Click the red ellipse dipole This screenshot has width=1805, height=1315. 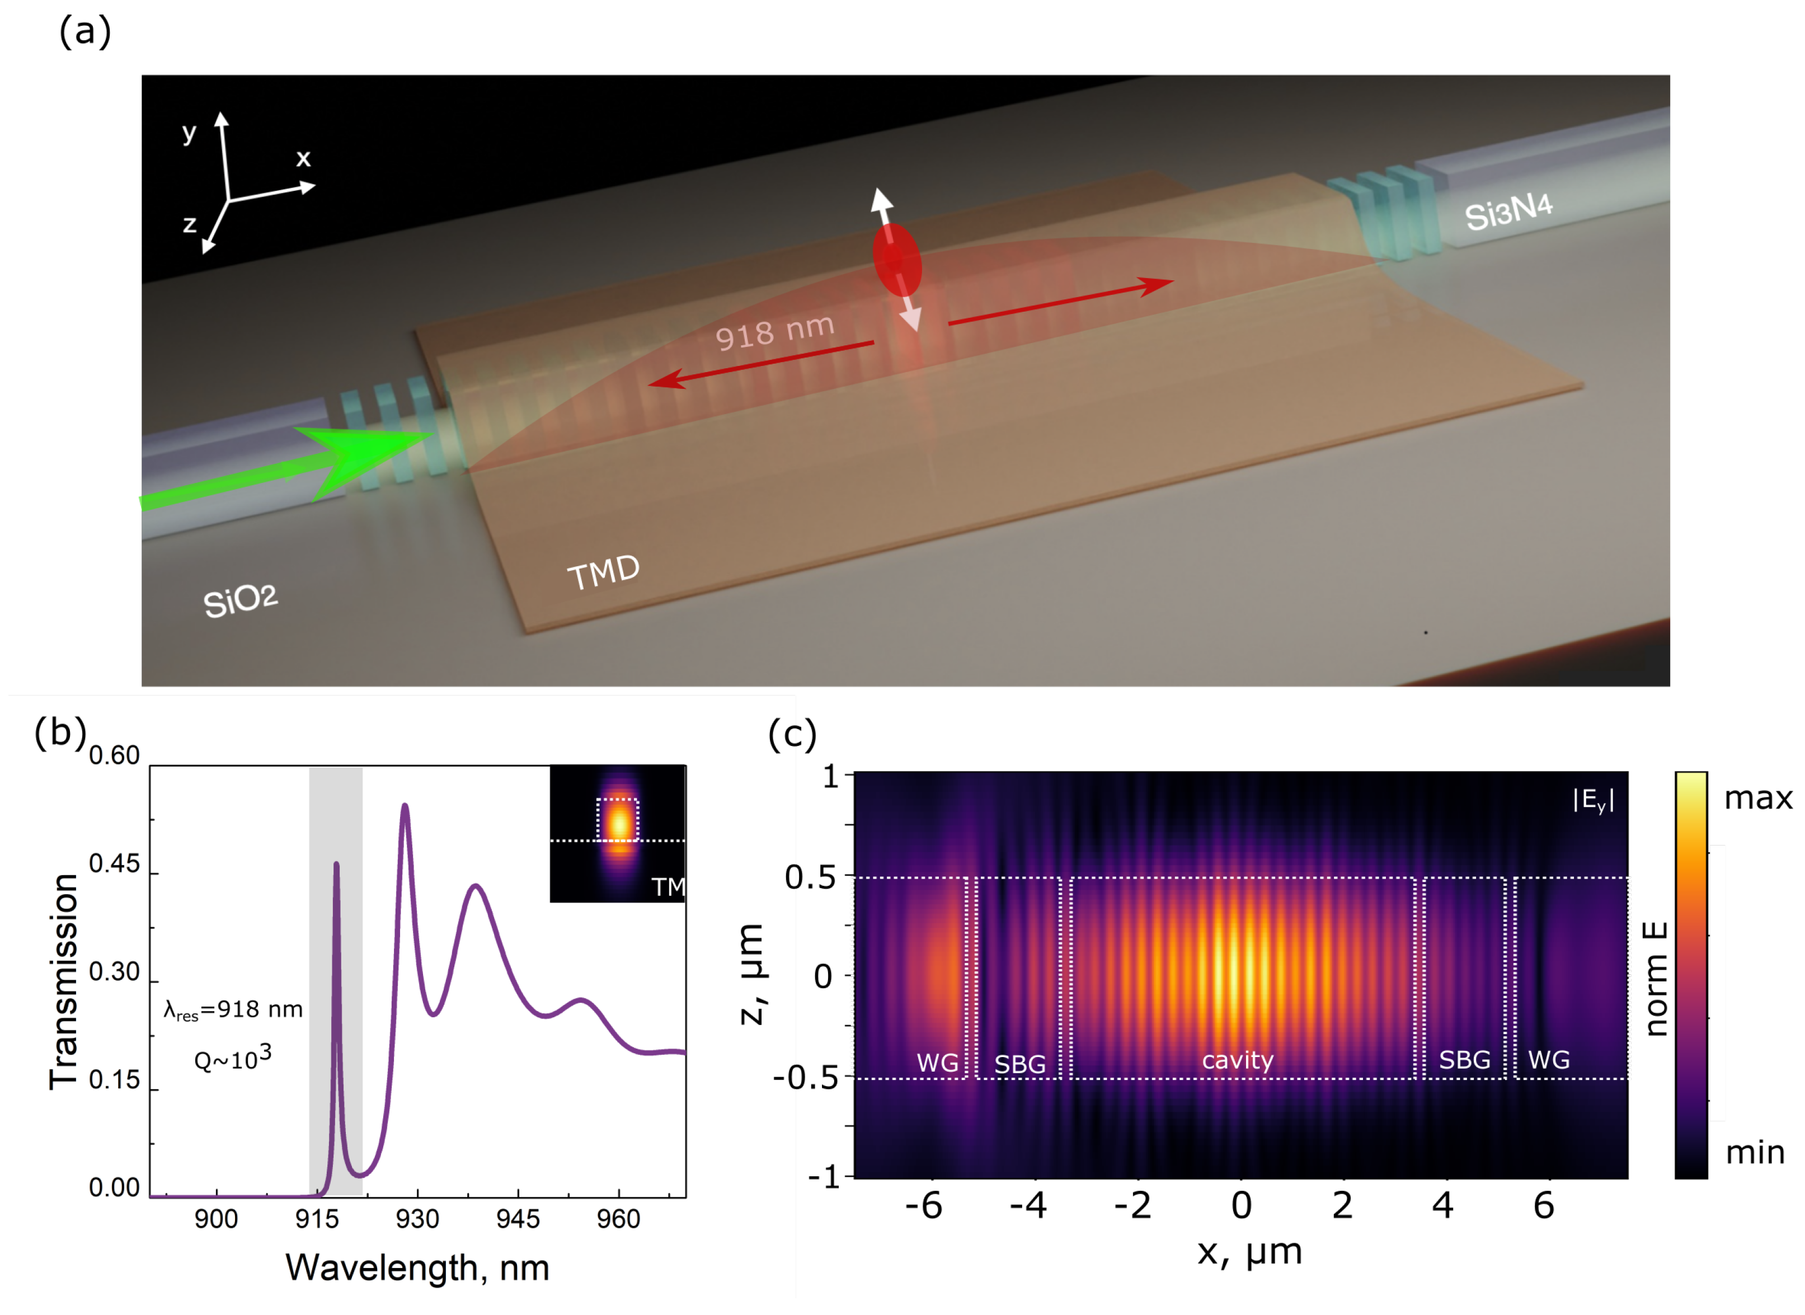[x=897, y=259]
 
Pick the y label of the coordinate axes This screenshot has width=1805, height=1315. [x=189, y=131]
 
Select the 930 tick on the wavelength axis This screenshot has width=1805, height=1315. [x=417, y=1219]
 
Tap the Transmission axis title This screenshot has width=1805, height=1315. [x=64, y=981]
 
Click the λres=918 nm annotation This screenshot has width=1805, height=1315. [x=232, y=1010]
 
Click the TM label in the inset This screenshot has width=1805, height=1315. [x=667, y=887]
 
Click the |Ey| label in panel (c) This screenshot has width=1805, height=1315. [x=1594, y=801]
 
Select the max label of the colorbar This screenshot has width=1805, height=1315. [x=1757, y=797]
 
